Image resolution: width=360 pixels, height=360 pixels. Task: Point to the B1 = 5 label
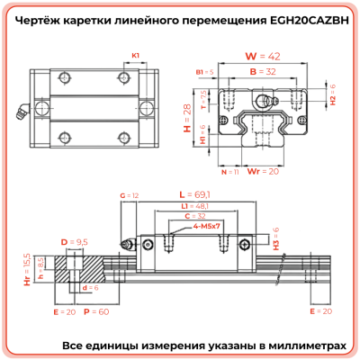(204, 71)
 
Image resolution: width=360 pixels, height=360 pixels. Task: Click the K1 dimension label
(136, 56)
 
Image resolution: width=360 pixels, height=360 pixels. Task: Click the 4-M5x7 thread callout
(206, 229)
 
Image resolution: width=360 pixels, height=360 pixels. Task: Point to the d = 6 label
(88, 288)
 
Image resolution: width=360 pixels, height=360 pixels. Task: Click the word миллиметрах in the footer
(301, 345)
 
